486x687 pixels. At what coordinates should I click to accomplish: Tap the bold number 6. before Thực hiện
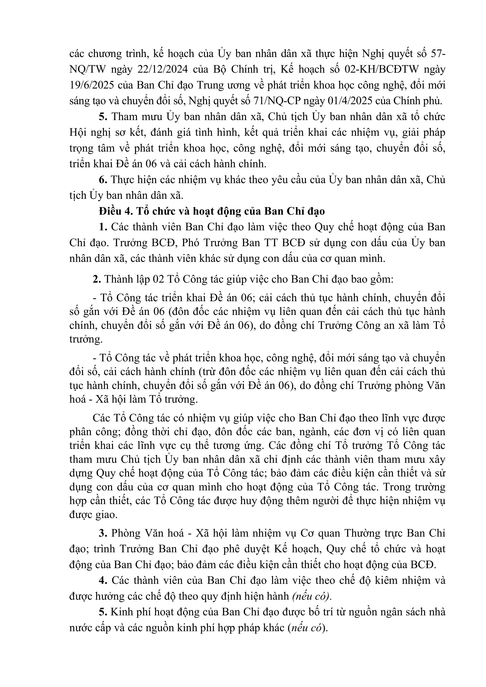coord(103,180)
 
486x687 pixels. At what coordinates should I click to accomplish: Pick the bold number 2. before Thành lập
coord(97,279)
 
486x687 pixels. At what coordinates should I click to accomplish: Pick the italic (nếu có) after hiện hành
coord(312,596)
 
